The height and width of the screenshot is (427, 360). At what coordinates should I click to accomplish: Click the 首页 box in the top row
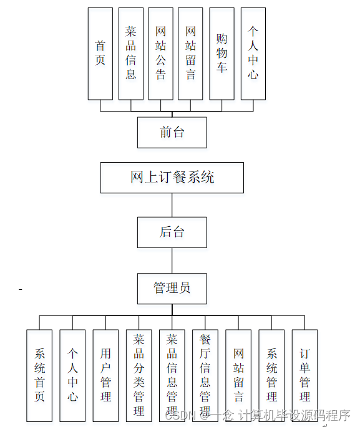[x=100, y=54]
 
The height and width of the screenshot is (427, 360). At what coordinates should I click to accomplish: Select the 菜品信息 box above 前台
[x=131, y=54]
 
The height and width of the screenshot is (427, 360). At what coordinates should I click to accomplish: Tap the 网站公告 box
[x=161, y=54]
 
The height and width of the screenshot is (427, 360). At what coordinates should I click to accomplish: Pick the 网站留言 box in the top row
[x=191, y=54]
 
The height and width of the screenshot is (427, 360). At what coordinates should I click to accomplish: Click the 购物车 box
[x=221, y=54]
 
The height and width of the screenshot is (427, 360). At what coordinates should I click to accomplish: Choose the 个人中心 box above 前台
[x=253, y=54]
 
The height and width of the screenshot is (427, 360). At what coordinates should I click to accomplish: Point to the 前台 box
[x=172, y=132]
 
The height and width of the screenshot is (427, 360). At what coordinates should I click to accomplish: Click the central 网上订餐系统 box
[x=172, y=178]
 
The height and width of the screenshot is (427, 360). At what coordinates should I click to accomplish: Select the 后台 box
[x=172, y=232]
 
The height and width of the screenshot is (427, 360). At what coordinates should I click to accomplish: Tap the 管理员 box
[x=172, y=287]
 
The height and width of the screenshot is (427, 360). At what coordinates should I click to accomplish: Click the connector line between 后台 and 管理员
[x=172, y=260]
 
